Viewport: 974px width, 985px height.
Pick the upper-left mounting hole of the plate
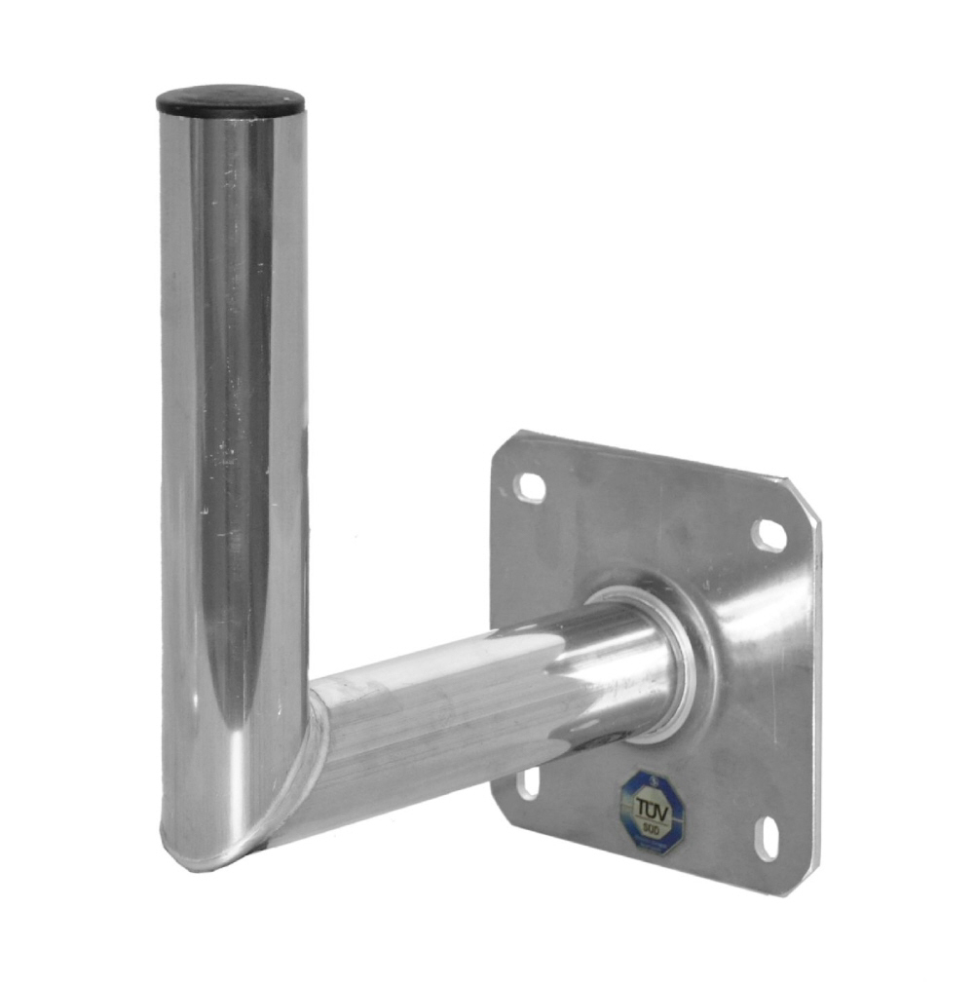click(530, 486)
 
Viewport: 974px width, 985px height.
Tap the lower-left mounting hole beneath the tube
click(528, 781)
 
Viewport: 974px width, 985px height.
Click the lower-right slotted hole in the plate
click(768, 838)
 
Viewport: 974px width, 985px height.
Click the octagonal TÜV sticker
click(653, 813)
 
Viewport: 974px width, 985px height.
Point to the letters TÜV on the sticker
click(653, 808)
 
